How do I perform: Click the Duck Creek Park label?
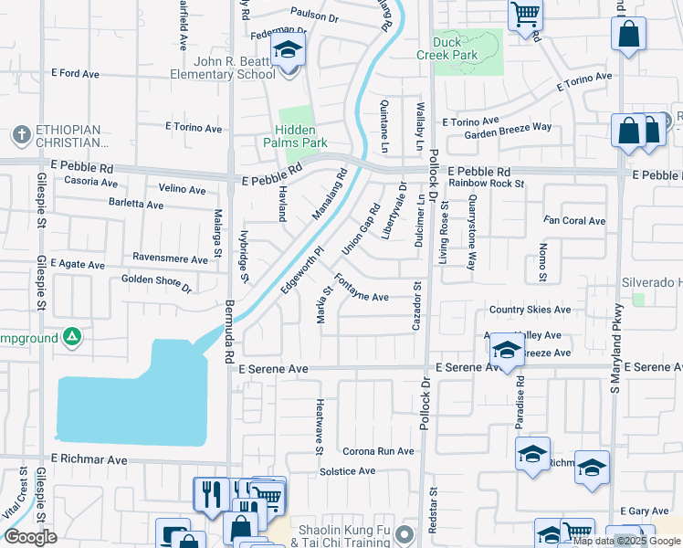[455, 48]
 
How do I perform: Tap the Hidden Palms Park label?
[294, 136]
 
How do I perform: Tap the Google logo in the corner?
[30, 537]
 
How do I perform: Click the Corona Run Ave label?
[378, 451]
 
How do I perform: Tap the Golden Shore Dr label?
[156, 283]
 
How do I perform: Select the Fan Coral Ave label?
[574, 221]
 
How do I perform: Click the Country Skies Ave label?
[530, 310]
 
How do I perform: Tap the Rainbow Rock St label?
[486, 184]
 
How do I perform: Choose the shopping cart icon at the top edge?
[525, 14]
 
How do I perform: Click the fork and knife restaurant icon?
[211, 494]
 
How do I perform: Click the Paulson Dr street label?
[314, 16]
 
